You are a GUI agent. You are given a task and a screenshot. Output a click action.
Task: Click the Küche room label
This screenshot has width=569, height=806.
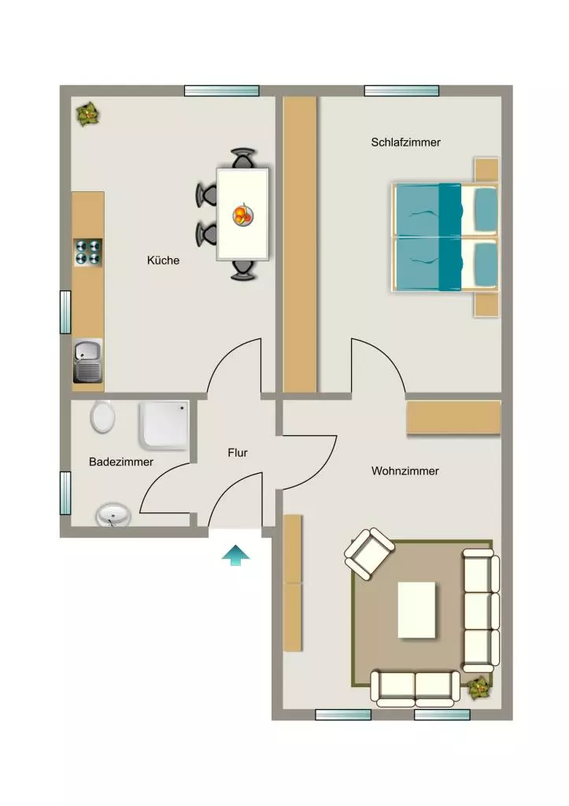[x=163, y=260]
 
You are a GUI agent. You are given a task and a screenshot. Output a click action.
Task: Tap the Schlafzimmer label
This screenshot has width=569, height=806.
[x=405, y=142]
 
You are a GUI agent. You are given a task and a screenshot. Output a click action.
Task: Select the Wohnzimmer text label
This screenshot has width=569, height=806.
[x=405, y=471]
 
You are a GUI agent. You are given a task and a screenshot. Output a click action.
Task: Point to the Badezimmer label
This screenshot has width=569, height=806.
[x=120, y=461]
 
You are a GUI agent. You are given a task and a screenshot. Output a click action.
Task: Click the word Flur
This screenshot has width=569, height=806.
[x=238, y=453]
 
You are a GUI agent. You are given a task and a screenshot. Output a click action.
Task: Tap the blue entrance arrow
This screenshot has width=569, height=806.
[x=236, y=555]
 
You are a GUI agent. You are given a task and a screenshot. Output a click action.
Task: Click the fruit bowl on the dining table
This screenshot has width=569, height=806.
[x=242, y=214]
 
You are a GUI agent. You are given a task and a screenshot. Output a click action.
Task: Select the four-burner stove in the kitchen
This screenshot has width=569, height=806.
[x=88, y=252]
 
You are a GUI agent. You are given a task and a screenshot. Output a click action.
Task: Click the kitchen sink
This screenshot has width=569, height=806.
[x=88, y=360]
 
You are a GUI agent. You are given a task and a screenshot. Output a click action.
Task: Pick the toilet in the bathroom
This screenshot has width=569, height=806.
[x=103, y=416]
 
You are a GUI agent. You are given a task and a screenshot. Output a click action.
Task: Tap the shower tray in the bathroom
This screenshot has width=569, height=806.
[x=164, y=425]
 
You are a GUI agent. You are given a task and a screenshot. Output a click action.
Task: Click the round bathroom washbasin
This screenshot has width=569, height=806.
[x=113, y=515]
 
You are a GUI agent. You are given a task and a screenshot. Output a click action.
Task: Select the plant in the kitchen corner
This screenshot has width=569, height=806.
[x=88, y=115]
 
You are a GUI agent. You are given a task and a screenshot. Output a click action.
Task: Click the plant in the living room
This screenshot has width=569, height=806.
[x=479, y=686]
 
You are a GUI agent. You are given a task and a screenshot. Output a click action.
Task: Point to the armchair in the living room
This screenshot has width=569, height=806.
[x=370, y=554]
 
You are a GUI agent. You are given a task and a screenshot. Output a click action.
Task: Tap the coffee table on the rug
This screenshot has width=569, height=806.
[x=416, y=610]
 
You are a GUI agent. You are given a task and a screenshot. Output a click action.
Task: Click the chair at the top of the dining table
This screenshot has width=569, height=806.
[x=242, y=157]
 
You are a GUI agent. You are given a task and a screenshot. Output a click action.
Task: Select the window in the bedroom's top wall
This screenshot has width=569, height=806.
[x=401, y=91]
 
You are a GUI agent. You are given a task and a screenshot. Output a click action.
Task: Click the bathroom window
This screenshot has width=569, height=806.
[x=65, y=493]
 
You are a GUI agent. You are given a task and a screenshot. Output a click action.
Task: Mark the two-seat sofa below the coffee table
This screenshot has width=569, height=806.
[x=416, y=688]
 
